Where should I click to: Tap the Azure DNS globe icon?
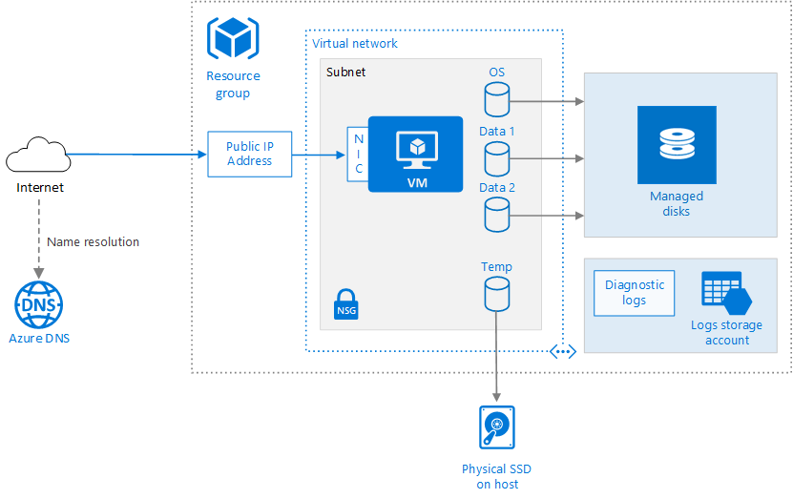[x=38, y=304]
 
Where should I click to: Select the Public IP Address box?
[x=249, y=154]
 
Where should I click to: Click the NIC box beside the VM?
[x=358, y=154]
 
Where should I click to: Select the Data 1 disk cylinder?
[x=497, y=158]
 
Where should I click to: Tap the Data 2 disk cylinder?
[x=497, y=215]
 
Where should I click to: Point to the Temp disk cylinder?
[x=496, y=294]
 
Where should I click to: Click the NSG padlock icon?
[x=346, y=303]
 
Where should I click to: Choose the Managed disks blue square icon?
[x=677, y=145]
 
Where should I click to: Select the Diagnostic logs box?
[x=634, y=293]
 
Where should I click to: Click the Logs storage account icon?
[x=726, y=295]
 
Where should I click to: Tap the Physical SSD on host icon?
[x=496, y=427]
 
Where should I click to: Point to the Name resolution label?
[x=93, y=242]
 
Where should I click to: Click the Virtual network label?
[x=355, y=44]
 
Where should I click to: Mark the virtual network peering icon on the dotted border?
[x=563, y=351]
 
